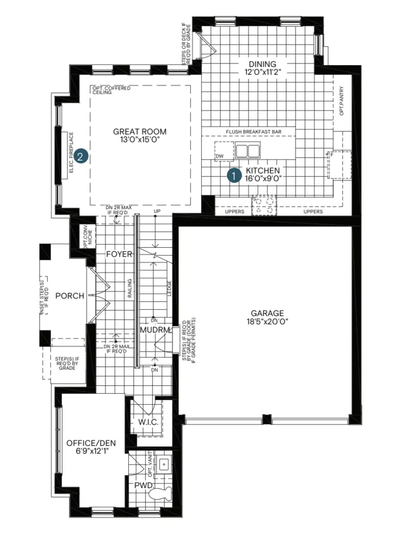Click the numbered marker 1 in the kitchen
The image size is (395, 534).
point(234,175)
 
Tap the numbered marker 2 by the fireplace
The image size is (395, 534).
point(80,156)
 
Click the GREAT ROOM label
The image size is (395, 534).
point(140,131)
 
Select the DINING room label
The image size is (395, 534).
point(262,64)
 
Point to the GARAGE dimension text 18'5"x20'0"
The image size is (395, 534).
point(267,321)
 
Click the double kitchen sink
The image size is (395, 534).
point(248,150)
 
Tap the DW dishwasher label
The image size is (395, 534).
point(220,156)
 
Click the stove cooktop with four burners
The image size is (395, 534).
point(264,205)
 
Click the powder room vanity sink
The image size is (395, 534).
point(164,464)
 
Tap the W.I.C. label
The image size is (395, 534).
point(149,422)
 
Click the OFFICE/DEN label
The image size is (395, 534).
point(91,443)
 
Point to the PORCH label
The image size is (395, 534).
point(70,296)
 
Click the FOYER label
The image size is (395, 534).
point(119,254)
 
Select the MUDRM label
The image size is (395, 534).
point(155,330)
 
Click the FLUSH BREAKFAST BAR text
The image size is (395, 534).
point(254,132)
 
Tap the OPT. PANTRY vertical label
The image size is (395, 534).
point(341,101)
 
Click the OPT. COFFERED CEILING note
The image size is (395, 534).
point(111,90)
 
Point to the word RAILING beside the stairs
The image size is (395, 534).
point(130,288)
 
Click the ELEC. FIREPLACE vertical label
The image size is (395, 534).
point(71,152)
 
